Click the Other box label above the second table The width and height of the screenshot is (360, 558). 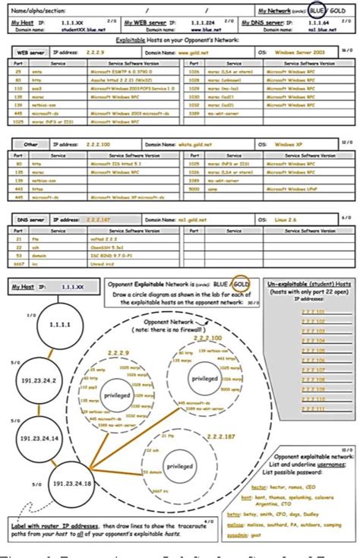pos(30,143)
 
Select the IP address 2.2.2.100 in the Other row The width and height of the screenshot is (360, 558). pos(77,143)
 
